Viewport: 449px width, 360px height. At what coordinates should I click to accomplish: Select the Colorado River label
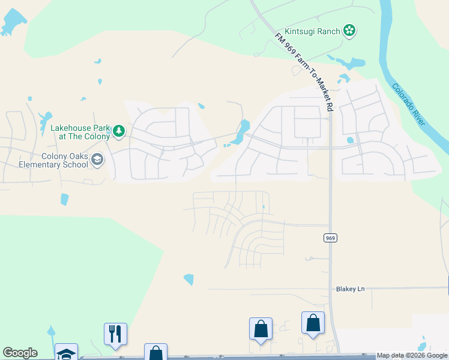pyautogui.click(x=409, y=104)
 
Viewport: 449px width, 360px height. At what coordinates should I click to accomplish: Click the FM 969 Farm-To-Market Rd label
pyautogui.click(x=305, y=72)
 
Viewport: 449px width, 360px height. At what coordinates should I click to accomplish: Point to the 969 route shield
pyautogui.click(x=330, y=238)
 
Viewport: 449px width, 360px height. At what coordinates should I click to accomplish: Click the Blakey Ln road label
pyautogui.click(x=350, y=289)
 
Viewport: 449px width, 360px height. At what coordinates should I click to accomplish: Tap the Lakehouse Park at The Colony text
pyautogui.click(x=80, y=131)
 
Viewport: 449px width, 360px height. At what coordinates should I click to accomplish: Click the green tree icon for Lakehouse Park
pyautogui.click(x=119, y=131)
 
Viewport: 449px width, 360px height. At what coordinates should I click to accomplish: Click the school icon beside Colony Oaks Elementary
pyautogui.click(x=98, y=160)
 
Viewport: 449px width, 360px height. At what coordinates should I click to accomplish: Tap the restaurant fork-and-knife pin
pyautogui.click(x=115, y=334)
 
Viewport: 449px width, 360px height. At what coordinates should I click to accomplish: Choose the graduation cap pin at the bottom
pyautogui.click(x=66, y=353)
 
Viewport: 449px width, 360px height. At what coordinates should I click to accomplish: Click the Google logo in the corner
pyautogui.click(x=20, y=353)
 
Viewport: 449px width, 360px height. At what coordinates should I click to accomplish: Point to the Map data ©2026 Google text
pyautogui.click(x=412, y=356)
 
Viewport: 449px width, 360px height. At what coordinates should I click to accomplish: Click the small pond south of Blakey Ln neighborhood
pyautogui.click(x=188, y=279)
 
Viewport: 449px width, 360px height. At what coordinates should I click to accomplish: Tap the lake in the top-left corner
pyautogui.click(x=11, y=23)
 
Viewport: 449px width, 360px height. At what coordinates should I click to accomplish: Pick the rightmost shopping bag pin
pyautogui.click(x=313, y=323)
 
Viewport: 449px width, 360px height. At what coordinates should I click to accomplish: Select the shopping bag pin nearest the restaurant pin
pyautogui.click(x=155, y=352)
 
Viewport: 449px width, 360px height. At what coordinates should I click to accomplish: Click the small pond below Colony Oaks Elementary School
pyautogui.click(x=64, y=199)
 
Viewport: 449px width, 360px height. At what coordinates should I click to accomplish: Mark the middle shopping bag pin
pyautogui.click(x=261, y=329)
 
